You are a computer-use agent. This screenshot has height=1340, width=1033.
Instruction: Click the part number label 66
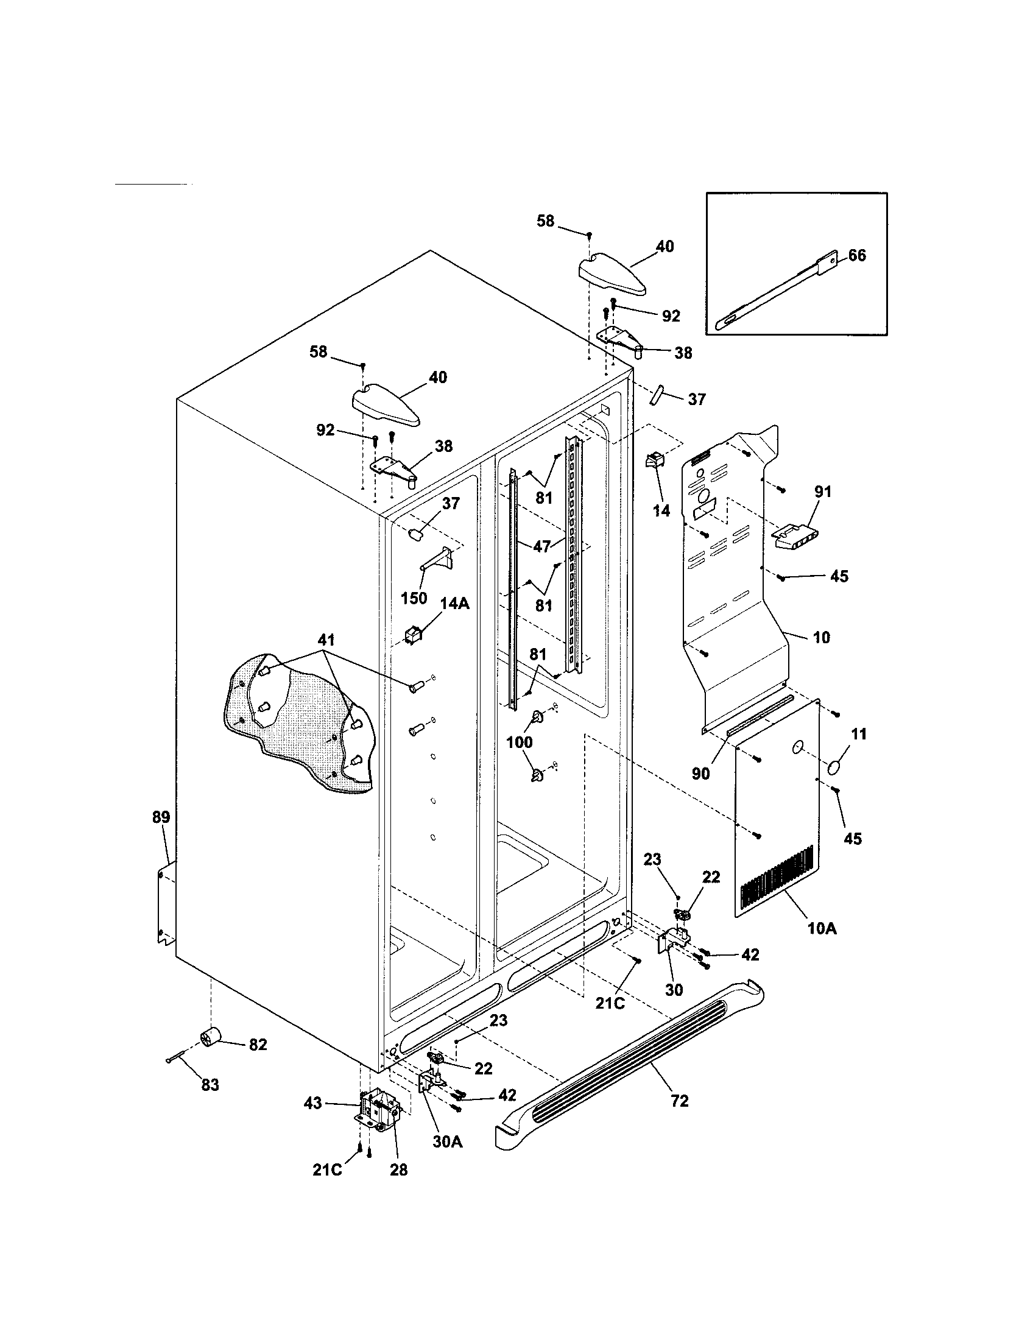857,255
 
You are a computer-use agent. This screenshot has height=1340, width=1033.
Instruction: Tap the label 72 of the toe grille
680,1101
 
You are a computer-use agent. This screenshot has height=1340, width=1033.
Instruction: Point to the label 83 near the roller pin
210,1085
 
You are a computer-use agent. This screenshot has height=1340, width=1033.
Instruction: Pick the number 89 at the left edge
161,817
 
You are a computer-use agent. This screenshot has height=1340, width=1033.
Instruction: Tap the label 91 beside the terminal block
823,492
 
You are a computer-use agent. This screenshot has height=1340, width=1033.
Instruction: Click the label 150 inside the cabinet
414,598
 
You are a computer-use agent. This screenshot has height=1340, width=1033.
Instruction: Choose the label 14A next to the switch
454,603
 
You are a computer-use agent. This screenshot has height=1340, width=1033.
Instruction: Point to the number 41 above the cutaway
326,640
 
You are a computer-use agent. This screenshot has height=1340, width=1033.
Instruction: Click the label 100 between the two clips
519,742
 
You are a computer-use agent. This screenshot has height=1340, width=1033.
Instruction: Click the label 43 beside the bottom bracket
313,1103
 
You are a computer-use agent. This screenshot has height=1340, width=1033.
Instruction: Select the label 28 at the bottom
398,1169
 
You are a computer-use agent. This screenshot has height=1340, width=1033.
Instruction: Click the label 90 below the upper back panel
700,774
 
